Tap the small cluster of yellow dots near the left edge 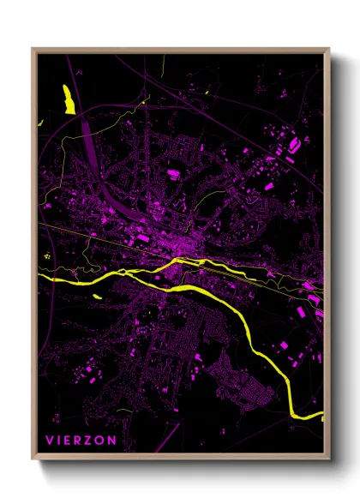[46, 255]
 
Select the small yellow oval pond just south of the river [97, 296]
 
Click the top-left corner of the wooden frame [33, 49]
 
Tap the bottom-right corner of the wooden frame [328, 460]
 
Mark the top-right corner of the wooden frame [328, 49]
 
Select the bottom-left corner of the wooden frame [33, 460]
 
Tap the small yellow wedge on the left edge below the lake [39, 124]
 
